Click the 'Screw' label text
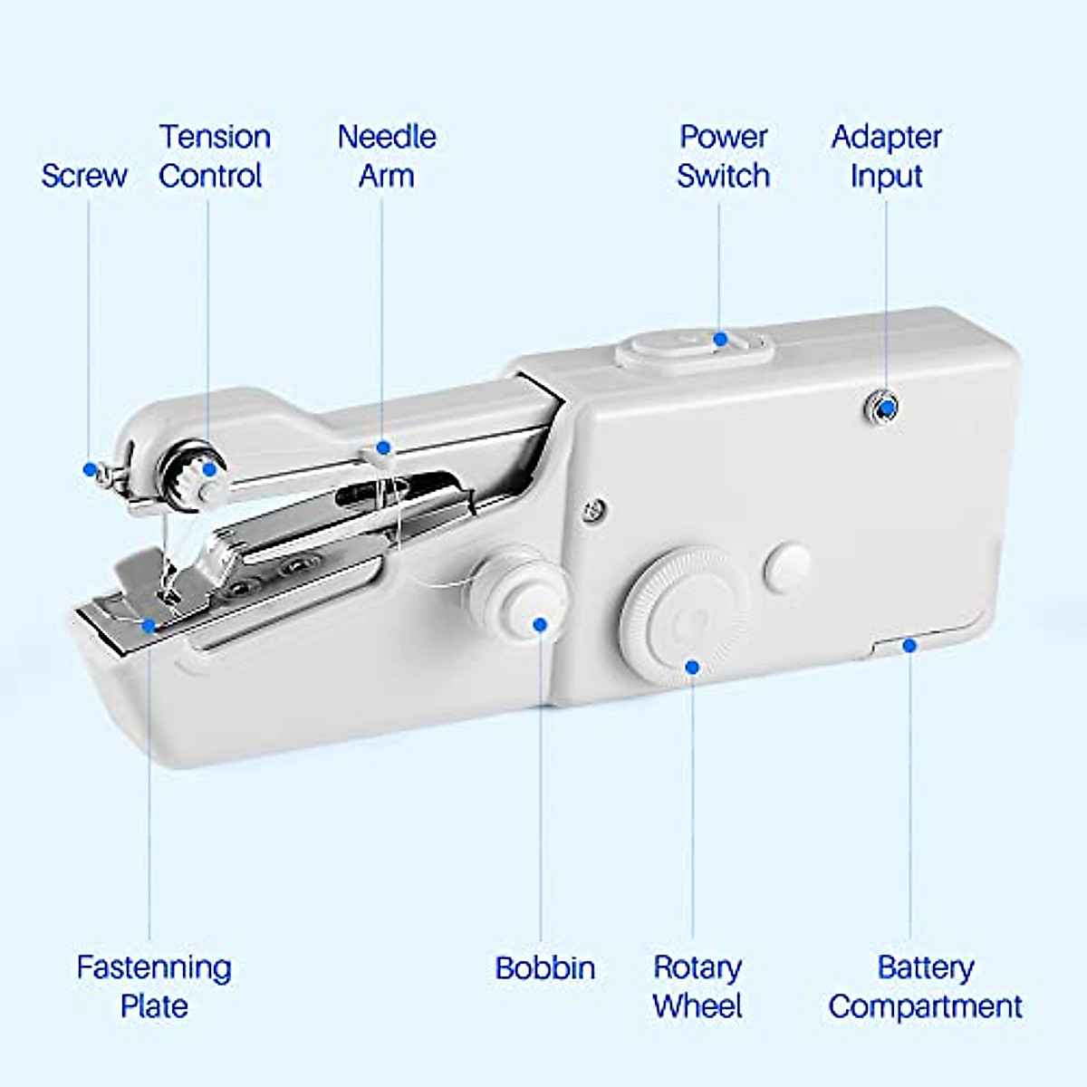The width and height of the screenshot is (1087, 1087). click(83, 176)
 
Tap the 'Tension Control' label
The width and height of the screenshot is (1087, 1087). click(214, 156)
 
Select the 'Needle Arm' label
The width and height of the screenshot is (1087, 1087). click(386, 156)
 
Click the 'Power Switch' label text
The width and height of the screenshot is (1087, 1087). click(723, 156)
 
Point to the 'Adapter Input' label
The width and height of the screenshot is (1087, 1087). click(886, 156)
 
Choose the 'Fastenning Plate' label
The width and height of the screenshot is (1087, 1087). click(153, 986)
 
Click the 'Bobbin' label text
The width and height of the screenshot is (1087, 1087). click(544, 967)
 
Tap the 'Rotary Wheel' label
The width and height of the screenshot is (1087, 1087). click(697, 986)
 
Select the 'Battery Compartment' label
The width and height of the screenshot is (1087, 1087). click(925, 986)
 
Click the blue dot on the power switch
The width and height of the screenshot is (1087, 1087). click(720, 340)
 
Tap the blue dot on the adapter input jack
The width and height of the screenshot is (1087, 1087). click(888, 409)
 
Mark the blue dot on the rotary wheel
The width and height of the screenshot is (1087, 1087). click(692, 667)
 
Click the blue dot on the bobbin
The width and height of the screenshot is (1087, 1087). click(540, 624)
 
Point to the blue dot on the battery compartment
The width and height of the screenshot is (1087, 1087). click(909, 645)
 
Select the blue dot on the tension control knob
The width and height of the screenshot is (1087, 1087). click(210, 468)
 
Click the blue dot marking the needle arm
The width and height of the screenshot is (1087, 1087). click(383, 447)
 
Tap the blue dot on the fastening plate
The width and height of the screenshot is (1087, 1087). click(149, 626)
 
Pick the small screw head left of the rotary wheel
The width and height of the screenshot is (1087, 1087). click(593, 510)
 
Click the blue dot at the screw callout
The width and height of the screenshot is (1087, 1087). click(90, 469)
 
